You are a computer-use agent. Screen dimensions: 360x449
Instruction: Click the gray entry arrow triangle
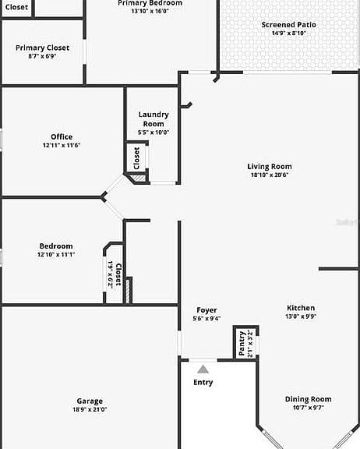203,369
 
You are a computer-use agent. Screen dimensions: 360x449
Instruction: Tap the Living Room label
270,167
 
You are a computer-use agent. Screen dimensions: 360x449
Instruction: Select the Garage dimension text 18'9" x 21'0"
90,409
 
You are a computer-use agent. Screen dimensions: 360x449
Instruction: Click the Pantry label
242,343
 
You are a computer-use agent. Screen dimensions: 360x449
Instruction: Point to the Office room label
62,137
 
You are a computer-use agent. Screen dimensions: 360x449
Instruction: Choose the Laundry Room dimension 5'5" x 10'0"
154,133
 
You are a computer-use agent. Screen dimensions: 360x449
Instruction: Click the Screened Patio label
289,25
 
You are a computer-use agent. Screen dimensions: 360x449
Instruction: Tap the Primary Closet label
42,48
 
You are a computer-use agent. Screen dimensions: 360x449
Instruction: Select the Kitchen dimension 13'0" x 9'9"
301,316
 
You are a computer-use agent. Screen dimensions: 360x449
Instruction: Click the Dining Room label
309,399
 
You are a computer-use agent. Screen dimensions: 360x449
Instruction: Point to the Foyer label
206,310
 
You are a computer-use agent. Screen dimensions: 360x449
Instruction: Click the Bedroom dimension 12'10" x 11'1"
56,254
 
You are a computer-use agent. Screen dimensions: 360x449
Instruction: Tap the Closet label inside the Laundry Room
136,158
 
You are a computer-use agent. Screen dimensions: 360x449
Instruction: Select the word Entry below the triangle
203,383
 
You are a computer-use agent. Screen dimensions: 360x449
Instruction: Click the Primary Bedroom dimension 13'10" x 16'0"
150,11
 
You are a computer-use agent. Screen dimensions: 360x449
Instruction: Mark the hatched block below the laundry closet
139,178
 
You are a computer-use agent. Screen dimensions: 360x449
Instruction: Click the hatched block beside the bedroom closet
129,290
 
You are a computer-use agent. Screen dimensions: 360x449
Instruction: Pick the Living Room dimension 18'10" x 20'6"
270,175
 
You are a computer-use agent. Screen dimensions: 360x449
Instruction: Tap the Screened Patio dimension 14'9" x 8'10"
289,33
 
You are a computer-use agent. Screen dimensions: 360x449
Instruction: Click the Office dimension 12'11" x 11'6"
62,145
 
